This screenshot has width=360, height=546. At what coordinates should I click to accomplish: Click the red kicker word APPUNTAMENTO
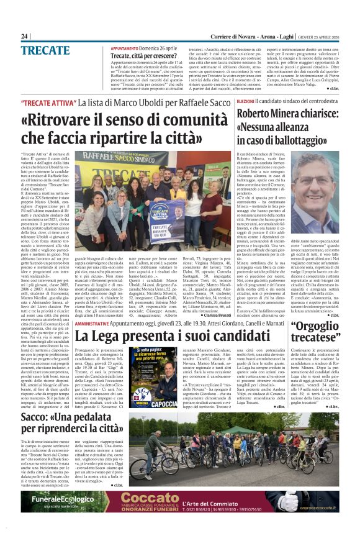(x=124, y=48)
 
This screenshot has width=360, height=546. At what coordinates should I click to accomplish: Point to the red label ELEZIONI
(x=245, y=100)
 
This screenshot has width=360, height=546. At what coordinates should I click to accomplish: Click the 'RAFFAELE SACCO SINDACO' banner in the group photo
(x=133, y=156)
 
